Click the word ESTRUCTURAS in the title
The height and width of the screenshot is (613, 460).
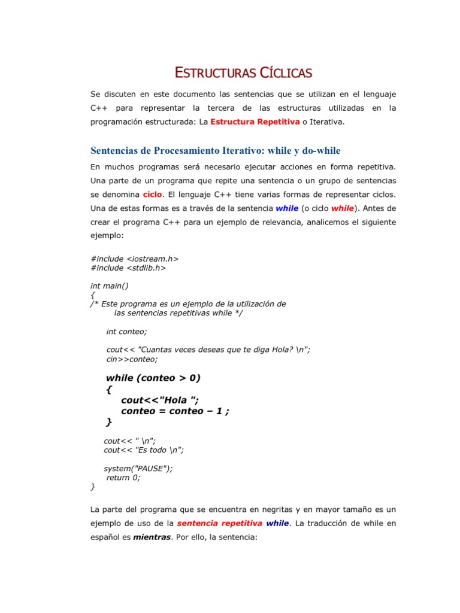(x=215, y=74)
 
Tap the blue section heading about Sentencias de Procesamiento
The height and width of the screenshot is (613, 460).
(x=215, y=150)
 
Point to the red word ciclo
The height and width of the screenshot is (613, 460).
(x=153, y=195)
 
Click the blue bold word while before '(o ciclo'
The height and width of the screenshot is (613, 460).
(x=287, y=208)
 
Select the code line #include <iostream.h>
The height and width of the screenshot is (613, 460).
(x=135, y=259)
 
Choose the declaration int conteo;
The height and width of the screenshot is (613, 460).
(x=126, y=331)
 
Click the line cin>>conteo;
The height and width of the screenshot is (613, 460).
(x=132, y=359)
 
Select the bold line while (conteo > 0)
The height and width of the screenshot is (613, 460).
(x=153, y=378)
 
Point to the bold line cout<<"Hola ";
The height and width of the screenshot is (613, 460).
(x=159, y=400)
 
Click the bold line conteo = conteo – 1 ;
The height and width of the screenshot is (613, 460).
(x=175, y=411)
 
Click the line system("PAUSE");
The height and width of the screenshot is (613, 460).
(x=142, y=468)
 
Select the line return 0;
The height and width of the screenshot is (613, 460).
(x=123, y=478)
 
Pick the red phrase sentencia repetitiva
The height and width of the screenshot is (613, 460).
(x=219, y=523)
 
